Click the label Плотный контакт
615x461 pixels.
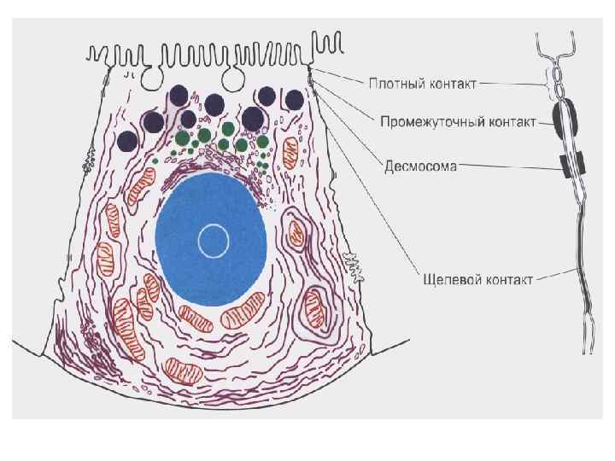[x=422, y=84]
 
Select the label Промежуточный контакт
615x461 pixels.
[x=458, y=121]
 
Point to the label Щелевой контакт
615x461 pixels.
[x=478, y=278]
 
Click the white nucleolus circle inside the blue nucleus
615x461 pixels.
[x=213, y=242]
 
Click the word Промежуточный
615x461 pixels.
[x=430, y=121]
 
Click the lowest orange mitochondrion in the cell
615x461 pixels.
[x=183, y=371]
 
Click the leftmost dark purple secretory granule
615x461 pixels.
[x=128, y=141]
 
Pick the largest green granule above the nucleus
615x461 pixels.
[x=204, y=134]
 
